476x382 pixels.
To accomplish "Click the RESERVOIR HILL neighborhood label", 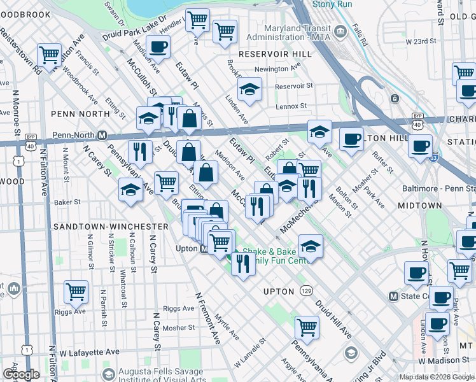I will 275,54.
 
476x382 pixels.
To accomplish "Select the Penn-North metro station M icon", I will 102,136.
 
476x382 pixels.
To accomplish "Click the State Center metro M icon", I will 393,296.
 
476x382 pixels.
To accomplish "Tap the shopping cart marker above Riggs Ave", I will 76,292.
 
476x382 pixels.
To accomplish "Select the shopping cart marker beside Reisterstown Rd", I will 49,55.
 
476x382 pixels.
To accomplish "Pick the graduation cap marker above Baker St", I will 130,189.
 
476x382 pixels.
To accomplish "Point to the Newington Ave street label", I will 276,69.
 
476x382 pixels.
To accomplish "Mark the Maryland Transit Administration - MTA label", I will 284,33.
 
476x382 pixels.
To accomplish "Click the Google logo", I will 20,374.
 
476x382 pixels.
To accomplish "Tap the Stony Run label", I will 332,4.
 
